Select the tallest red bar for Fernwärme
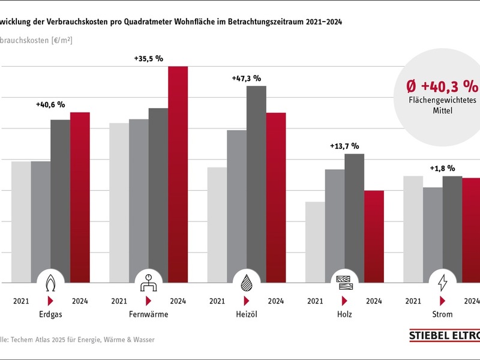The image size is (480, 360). (178, 174)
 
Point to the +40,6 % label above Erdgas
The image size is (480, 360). (50, 104)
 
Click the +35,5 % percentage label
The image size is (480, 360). (148, 59)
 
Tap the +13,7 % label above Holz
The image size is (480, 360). (344, 146)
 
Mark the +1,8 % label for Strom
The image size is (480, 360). (442, 169)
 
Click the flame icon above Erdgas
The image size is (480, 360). (51, 282)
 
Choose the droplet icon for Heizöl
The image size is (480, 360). (247, 282)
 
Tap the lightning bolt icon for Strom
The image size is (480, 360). (443, 282)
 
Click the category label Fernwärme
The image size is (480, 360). (148, 314)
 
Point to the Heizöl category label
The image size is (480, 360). (247, 314)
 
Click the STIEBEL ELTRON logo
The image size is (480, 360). (444, 337)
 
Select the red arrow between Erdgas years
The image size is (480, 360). (51, 301)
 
